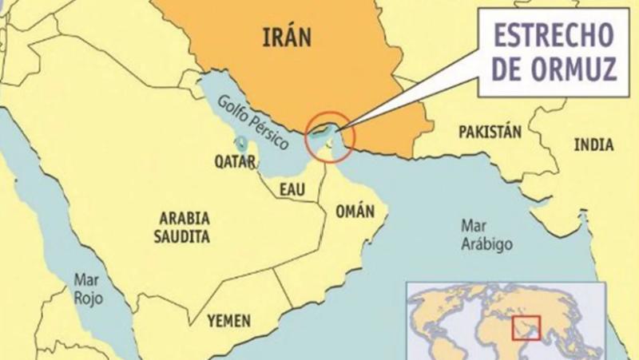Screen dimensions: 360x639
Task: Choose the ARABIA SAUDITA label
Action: (x=184, y=227)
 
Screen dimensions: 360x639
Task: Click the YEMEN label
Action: (x=228, y=320)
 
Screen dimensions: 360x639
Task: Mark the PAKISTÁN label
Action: (x=490, y=133)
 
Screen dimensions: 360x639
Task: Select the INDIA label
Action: (x=593, y=144)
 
